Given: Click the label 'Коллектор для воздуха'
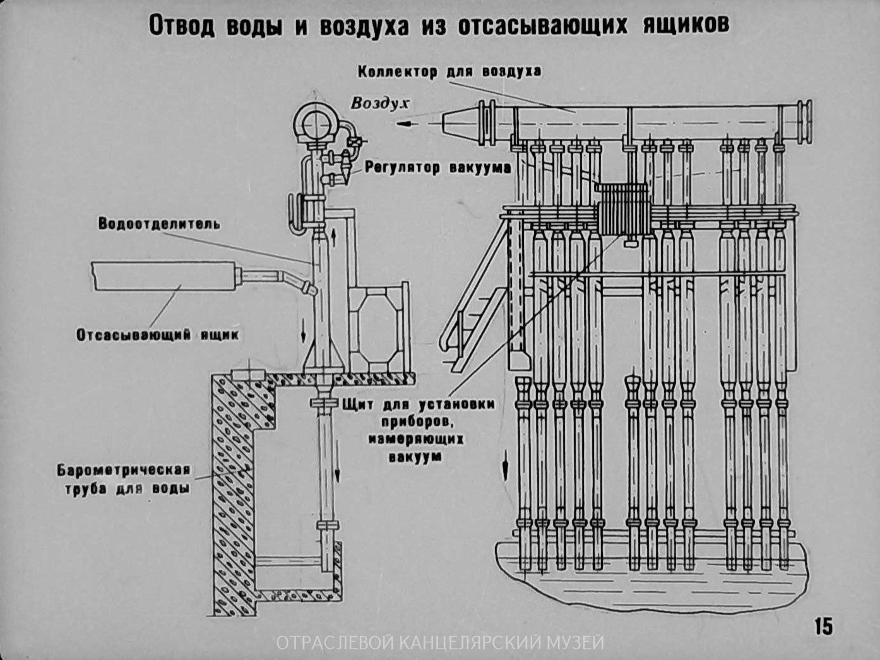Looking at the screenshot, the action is click(x=449, y=72).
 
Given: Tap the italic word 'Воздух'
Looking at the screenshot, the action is click(x=379, y=103).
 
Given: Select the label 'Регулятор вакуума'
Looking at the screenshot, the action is click(x=437, y=168).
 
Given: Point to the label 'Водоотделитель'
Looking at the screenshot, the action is click(x=159, y=223).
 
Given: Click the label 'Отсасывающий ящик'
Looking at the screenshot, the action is click(x=158, y=334).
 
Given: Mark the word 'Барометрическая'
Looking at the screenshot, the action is click(x=124, y=469).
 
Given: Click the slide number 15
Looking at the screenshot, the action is click(x=823, y=626).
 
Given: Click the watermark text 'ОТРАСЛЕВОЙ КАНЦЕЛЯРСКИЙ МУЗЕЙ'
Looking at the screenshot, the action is click(x=440, y=643).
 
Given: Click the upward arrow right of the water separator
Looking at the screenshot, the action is click(x=333, y=237).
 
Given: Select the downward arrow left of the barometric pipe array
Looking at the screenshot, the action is click(x=505, y=464).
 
